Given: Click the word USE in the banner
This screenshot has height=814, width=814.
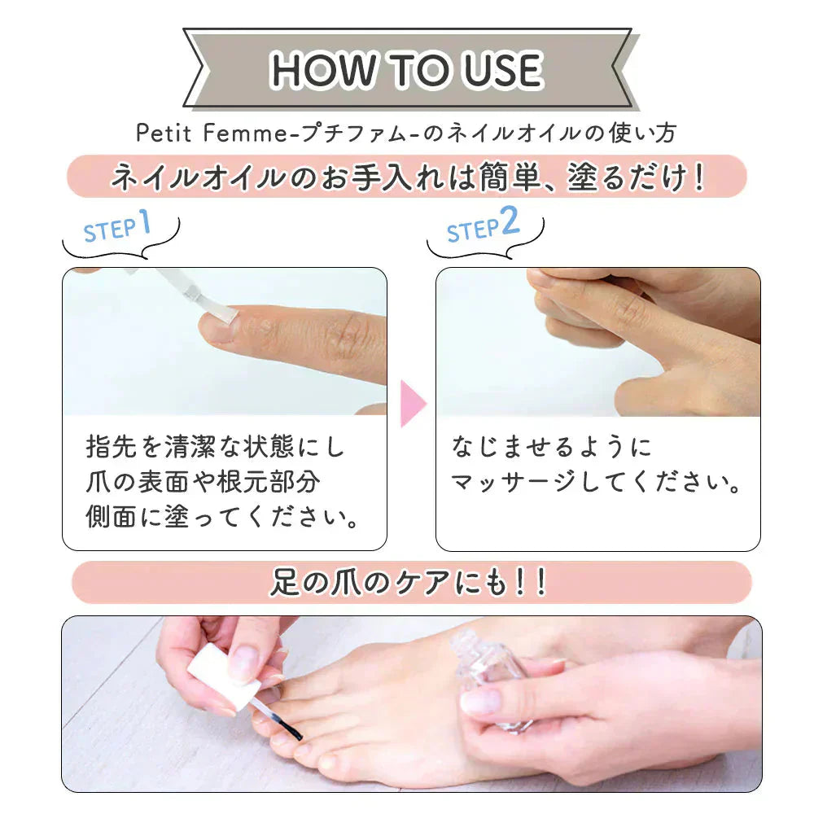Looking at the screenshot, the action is [502, 69].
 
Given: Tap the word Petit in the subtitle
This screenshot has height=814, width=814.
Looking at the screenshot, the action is [164, 133].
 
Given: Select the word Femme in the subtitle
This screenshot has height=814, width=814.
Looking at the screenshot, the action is [244, 133].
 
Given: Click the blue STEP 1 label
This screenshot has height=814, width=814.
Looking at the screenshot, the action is [117, 226].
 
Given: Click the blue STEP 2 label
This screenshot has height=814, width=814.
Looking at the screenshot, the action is [483, 225].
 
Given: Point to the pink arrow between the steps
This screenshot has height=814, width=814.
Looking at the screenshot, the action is [414, 404].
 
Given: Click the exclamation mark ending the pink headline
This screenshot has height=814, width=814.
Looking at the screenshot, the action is [698, 177].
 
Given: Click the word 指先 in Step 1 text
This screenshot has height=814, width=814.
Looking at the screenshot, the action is [111, 446].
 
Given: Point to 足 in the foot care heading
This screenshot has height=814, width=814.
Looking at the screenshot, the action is [284, 582].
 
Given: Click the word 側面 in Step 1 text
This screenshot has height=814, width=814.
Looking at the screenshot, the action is [111, 517].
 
